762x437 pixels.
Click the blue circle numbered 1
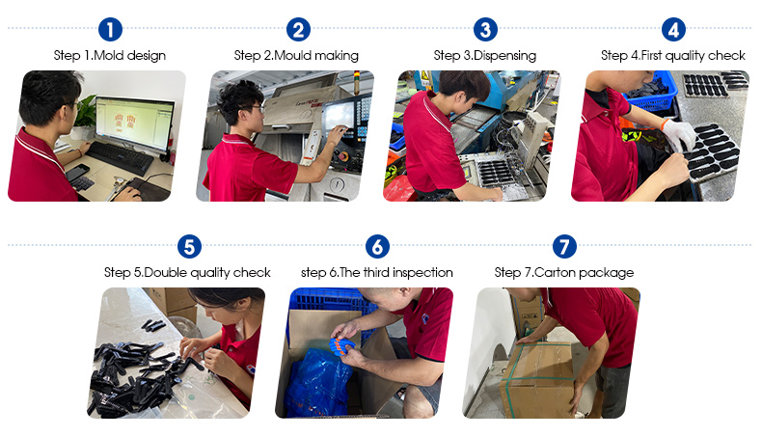click(110, 29)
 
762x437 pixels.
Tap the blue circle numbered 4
click(673, 29)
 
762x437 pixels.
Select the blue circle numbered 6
click(377, 246)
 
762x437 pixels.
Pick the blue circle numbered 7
click(564, 246)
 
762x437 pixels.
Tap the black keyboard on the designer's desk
click(120, 158)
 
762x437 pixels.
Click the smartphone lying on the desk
click(77, 172)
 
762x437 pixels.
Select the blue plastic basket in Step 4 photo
click(651, 94)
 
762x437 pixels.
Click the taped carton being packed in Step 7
click(538, 379)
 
